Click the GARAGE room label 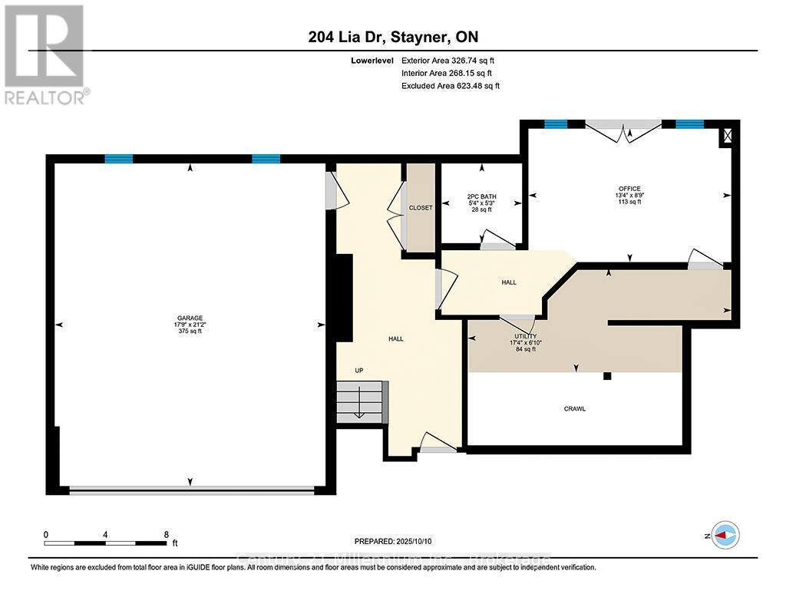190,318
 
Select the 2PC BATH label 481,196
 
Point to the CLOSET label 420,207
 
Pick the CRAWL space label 574,408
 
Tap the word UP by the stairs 358,371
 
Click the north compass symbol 725,534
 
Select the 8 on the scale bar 166,534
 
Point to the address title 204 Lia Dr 395,37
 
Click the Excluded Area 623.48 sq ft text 450,86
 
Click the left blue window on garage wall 119,159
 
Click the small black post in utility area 607,376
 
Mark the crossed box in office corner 725,137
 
